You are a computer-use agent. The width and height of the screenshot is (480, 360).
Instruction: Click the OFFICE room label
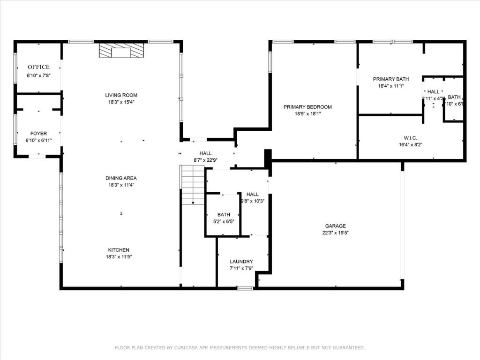(x=38, y=67)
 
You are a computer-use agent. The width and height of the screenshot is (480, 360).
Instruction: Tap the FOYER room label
(x=38, y=134)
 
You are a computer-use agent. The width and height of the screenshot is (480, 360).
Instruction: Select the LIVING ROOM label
(x=121, y=95)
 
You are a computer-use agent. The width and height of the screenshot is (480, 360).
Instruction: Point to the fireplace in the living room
(x=121, y=51)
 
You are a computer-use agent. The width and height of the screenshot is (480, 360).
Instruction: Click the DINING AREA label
(x=121, y=178)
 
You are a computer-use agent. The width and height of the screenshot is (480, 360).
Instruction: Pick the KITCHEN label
(x=119, y=250)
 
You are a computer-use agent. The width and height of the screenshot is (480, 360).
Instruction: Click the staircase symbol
(x=193, y=185)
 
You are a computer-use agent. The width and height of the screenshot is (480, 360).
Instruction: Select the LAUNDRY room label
(x=241, y=262)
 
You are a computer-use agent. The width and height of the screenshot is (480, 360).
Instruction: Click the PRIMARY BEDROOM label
(x=307, y=107)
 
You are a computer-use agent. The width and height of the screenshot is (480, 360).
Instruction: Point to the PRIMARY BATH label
(x=391, y=79)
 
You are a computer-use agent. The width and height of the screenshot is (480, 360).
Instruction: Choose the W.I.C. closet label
(x=410, y=138)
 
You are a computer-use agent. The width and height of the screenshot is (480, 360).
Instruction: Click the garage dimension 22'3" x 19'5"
(x=335, y=232)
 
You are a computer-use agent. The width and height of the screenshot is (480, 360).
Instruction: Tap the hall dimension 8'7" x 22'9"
(x=205, y=160)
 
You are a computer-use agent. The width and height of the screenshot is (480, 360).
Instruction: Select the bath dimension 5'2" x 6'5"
(x=224, y=222)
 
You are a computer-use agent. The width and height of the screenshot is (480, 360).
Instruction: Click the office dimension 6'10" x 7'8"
(x=38, y=75)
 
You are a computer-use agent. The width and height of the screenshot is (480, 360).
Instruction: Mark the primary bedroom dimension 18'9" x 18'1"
(x=307, y=113)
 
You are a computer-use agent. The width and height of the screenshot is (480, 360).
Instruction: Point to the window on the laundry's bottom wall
(x=245, y=288)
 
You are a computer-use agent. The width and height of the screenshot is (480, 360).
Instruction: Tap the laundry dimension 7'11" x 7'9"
(x=241, y=268)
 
